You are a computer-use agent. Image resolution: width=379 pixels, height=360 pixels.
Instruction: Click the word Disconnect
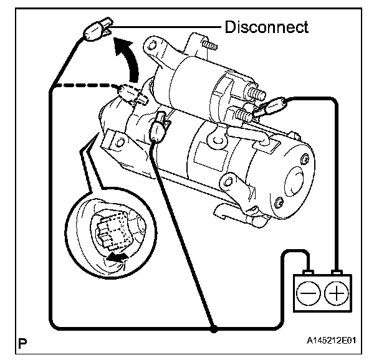click(x=266, y=27)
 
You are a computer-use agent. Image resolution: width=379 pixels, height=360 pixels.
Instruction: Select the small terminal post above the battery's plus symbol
click(x=337, y=273)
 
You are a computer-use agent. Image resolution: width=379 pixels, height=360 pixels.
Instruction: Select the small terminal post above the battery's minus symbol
click(x=306, y=273)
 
